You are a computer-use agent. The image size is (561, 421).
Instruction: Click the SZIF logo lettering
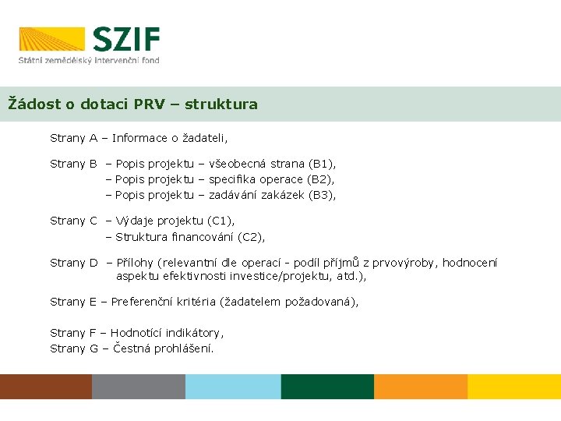pyautogui.click(x=126, y=39)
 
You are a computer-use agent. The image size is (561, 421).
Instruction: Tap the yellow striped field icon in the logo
pyautogui.click(x=51, y=39)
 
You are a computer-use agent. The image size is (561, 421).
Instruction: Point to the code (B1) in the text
pyautogui.click(x=322, y=164)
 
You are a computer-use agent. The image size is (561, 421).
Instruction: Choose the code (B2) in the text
pyautogui.click(x=319, y=179)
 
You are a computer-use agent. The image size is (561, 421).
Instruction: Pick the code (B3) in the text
pyautogui.click(x=322, y=195)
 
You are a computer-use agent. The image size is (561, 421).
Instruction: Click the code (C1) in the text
pyautogui.click(x=221, y=221)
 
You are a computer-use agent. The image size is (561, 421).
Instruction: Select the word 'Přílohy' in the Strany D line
pyautogui.click(x=135, y=263)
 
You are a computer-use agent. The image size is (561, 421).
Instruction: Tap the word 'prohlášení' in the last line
pyautogui.click(x=185, y=348)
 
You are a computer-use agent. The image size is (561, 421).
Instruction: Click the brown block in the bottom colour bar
pyautogui.click(x=46, y=387)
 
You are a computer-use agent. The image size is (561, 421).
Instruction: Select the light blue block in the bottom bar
pyautogui.click(x=233, y=387)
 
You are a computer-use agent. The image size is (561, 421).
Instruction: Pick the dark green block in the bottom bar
pyautogui.click(x=327, y=387)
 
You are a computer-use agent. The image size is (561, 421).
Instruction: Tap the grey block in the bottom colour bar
pyautogui.click(x=139, y=387)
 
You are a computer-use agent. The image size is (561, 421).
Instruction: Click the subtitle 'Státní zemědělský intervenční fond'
pyautogui.click(x=89, y=59)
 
